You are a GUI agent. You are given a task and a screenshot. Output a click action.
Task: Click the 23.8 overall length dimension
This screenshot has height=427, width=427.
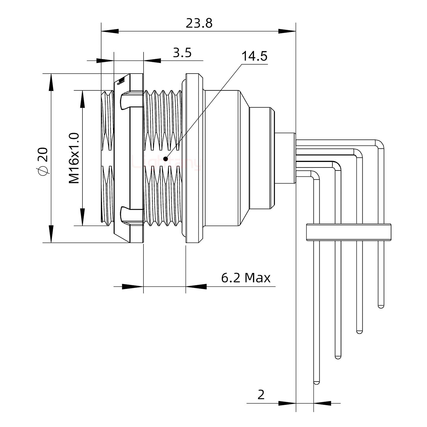(x=199, y=23)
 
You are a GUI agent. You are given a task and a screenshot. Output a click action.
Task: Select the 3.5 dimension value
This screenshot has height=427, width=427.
(x=182, y=53)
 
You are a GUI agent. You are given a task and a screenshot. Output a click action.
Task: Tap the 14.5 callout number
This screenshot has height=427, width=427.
(x=254, y=56)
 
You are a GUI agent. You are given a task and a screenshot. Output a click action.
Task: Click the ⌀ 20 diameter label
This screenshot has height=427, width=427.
(x=43, y=162)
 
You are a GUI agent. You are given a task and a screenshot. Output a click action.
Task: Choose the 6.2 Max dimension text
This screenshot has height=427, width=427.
(x=246, y=278)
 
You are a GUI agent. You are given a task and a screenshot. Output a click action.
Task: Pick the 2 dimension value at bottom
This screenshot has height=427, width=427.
(x=261, y=395)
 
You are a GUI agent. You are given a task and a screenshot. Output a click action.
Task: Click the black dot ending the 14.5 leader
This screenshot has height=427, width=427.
(x=165, y=159)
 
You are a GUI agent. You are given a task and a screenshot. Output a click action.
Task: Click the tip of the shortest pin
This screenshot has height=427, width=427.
(x=381, y=306)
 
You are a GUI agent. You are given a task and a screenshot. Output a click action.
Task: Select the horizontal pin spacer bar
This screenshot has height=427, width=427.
(x=349, y=232)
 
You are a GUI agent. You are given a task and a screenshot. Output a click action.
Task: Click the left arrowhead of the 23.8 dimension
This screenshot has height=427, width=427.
(x=110, y=31)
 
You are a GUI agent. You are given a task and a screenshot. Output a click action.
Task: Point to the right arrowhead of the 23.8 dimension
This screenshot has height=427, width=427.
(x=287, y=31)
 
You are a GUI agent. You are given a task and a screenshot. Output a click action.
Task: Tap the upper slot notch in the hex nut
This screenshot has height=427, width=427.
(x=126, y=101)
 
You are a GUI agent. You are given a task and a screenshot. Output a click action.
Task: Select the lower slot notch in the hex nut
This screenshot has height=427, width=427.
(x=126, y=214)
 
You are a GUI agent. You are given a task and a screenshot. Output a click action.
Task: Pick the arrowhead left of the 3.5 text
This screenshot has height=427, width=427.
(x=152, y=61)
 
